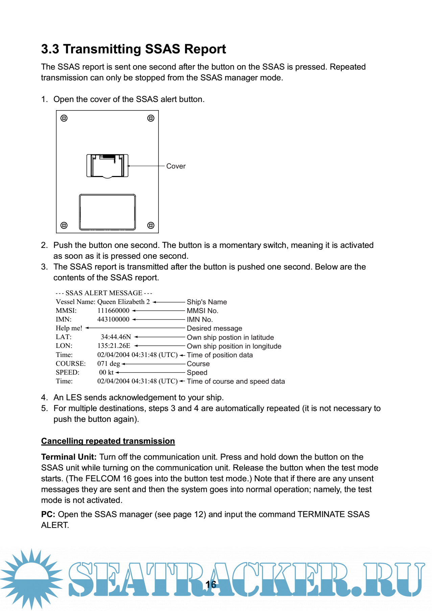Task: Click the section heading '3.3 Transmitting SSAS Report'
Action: pyautogui.click(x=133, y=49)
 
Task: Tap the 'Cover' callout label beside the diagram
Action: pyautogui.click(x=176, y=166)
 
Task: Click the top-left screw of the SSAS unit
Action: pyautogui.click(x=64, y=118)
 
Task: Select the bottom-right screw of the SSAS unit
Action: pyautogui.click(x=151, y=225)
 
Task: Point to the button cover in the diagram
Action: pyautogui.click(x=107, y=166)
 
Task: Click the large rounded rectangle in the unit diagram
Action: pyautogui.click(x=107, y=212)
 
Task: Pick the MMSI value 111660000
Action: pyautogui.click(x=113, y=310)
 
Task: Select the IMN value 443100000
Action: pyautogui.click(x=113, y=319)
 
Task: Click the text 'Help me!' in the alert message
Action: pyautogui.click(x=69, y=328)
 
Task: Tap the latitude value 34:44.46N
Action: pyautogui.click(x=116, y=337)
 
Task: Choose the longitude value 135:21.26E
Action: pyautogui.click(x=114, y=346)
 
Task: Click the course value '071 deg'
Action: pyautogui.click(x=109, y=363)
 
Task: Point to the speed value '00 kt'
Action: pyautogui.click(x=106, y=372)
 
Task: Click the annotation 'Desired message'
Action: pyautogui.click(x=214, y=328)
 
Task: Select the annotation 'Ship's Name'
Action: pyautogui.click(x=207, y=302)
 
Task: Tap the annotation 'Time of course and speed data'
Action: pyautogui.click(x=236, y=381)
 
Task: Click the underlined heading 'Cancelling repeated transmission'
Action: pyautogui.click(x=108, y=441)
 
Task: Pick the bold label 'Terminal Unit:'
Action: pyautogui.click(x=69, y=457)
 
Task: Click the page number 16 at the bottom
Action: pyautogui.click(x=211, y=585)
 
